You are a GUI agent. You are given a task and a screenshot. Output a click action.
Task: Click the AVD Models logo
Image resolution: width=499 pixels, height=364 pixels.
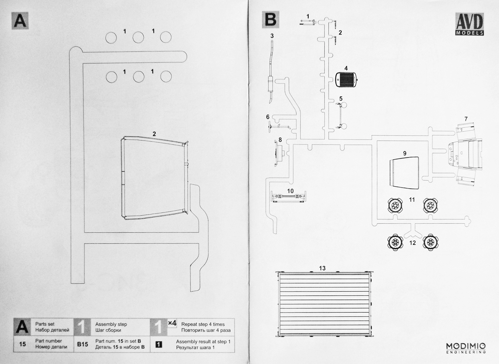coord(470,24)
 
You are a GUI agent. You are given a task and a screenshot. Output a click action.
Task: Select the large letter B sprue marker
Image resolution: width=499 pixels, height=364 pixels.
coord(271,20)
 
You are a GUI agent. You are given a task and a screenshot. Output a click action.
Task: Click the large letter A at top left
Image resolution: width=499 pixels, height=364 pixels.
coord(20,20)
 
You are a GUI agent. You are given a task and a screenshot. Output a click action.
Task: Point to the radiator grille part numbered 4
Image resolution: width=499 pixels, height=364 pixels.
coord(347,80)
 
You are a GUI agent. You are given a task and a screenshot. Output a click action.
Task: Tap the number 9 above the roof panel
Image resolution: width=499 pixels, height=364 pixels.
coord(405,153)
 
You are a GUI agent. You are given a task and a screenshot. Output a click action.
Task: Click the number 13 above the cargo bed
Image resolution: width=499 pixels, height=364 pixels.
coord(322,268)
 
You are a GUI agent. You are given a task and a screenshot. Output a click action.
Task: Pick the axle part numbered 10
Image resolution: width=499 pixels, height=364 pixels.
coord(288,197)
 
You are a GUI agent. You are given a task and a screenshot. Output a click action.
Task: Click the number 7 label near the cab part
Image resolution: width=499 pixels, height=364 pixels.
coord(466,119)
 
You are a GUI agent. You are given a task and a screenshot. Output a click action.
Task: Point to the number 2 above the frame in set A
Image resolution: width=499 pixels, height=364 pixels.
coord(154,134)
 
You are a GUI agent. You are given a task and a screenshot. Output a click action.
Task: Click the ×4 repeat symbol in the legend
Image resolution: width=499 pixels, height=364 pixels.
coord(172,323)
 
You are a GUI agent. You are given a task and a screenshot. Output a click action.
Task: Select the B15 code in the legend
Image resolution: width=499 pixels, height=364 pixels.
coord(82,344)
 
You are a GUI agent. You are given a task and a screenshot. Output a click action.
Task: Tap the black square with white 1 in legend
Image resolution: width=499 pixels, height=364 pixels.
coord(159,345)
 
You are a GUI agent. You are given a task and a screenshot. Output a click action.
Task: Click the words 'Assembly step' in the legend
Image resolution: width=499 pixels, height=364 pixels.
coord(111,324)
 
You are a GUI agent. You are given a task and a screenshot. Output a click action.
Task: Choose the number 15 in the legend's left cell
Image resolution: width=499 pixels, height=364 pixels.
coord(22,344)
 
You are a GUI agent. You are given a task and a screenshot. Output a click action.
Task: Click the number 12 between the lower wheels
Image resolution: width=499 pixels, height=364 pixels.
coord(413,243)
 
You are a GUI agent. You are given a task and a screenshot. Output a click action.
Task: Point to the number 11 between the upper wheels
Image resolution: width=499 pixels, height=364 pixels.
coord(412,200)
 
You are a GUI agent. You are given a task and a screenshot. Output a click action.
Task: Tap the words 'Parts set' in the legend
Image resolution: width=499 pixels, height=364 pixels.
coord(45,324)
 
